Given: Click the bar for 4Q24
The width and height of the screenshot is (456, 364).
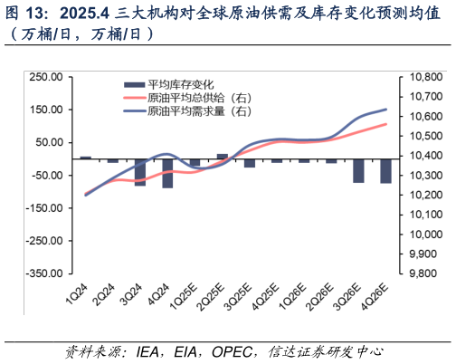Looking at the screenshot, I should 167,173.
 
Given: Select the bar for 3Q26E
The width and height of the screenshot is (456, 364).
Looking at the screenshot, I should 358,170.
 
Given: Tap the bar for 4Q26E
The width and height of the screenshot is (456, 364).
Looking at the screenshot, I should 385,170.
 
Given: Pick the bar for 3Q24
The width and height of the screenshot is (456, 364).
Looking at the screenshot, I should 140,172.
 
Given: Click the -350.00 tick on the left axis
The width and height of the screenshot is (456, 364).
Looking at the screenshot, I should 43,273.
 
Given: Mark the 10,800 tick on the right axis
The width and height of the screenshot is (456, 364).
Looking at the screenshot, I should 421,78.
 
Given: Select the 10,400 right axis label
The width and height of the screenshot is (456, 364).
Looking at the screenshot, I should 421,156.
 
